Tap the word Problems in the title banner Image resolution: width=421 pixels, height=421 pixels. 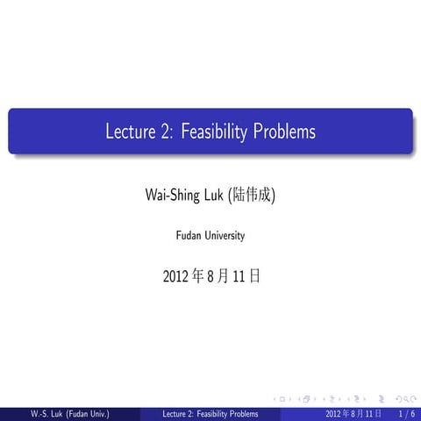coord(284,132)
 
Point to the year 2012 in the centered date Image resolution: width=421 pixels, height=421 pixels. coord(175,276)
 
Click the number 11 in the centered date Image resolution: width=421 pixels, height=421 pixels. coord(239,276)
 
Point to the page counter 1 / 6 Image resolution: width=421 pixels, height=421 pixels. coord(406,413)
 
